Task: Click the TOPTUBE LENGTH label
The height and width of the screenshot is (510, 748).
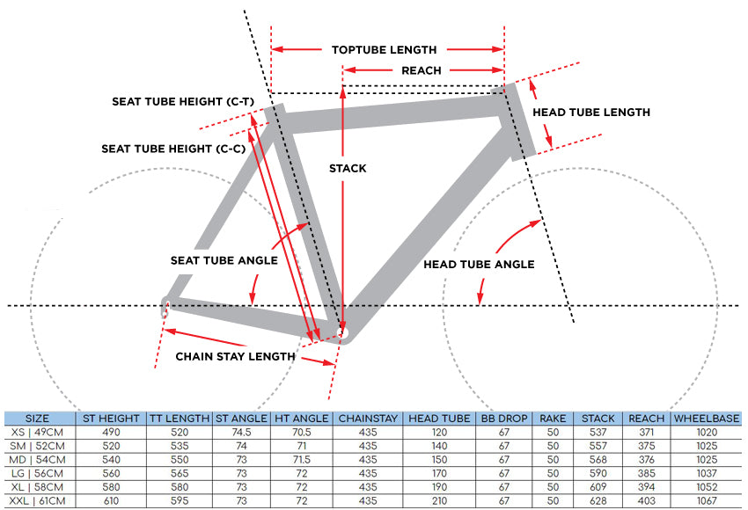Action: (x=384, y=49)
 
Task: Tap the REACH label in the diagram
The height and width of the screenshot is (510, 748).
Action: (x=422, y=70)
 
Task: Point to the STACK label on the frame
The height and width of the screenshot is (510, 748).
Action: (x=348, y=168)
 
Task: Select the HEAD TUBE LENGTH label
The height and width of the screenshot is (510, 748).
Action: (x=591, y=112)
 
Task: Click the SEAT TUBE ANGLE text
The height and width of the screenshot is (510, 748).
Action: (x=224, y=260)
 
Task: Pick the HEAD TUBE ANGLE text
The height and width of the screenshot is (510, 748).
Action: (x=479, y=264)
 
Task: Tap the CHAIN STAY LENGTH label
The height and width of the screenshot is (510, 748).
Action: (x=235, y=356)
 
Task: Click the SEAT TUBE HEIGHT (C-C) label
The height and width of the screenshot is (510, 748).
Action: (x=173, y=149)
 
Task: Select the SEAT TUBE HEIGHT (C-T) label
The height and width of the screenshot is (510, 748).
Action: (x=183, y=101)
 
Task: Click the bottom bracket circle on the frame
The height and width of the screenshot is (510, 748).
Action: (x=342, y=331)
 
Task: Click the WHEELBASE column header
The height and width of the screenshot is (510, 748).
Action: (x=707, y=419)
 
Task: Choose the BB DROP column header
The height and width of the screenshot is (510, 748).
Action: (x=503, y=419)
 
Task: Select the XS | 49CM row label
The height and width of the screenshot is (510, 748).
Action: (x=37, y=433)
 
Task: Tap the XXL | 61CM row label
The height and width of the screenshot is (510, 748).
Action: (x=37, y=501)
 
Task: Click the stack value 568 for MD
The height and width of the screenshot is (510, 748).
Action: (x=598, y=460)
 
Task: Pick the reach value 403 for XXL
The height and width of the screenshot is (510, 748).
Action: (x=647, y=501)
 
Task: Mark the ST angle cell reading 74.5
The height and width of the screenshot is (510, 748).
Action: (x=241, y=433)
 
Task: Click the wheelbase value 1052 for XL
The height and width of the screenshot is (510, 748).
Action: (x=707, y=487)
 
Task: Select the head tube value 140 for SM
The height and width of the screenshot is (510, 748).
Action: (x=439, y=446)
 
